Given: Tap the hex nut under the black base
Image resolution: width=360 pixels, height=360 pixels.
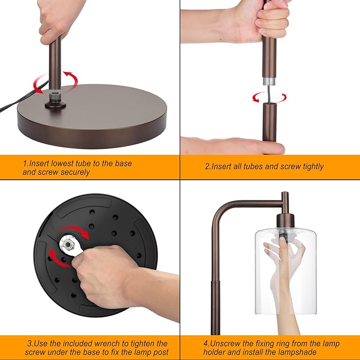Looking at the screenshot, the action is point(67,245).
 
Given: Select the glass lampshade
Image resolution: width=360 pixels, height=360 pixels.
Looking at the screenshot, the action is point(286,271).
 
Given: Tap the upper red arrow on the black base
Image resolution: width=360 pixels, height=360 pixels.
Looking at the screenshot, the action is point(74,231).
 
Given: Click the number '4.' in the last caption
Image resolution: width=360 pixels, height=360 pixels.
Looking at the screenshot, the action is point(206,344).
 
